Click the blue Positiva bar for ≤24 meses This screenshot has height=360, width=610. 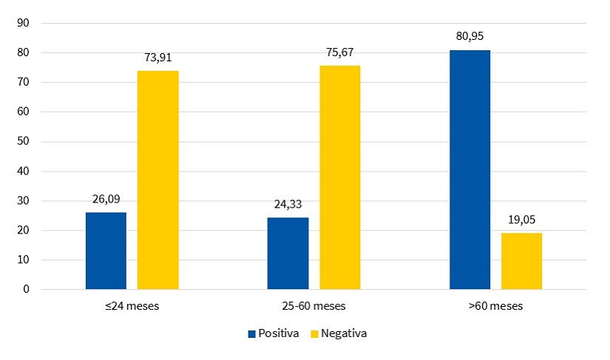tap(106, 251)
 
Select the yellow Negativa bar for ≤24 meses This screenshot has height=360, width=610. tap(157, 180)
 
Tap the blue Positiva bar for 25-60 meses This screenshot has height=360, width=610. tap(288, 253)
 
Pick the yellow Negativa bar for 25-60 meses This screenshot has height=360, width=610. tap(340, 177)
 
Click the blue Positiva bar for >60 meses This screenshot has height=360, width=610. tap(470, 169)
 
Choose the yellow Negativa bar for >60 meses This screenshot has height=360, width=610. tap(521, 261)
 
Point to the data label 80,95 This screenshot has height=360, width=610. tap(470, 35)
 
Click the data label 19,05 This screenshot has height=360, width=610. tap(521, 219)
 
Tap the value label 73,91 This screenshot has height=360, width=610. tap(157, 56)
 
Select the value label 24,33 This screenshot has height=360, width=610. tap(288, 203)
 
